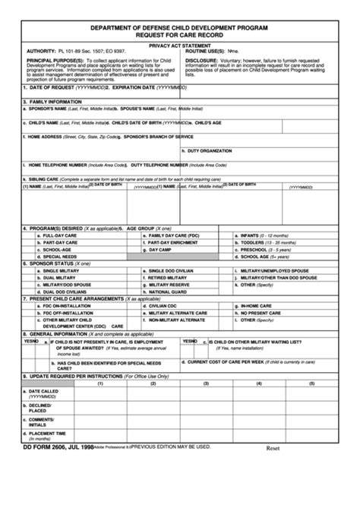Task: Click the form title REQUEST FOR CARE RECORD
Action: pos(179,34)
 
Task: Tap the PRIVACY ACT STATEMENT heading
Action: pos(179,46)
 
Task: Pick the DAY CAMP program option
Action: pos(159,249)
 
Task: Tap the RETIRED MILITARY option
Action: pos(169,278)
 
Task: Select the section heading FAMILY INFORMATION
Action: pos(54,101)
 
